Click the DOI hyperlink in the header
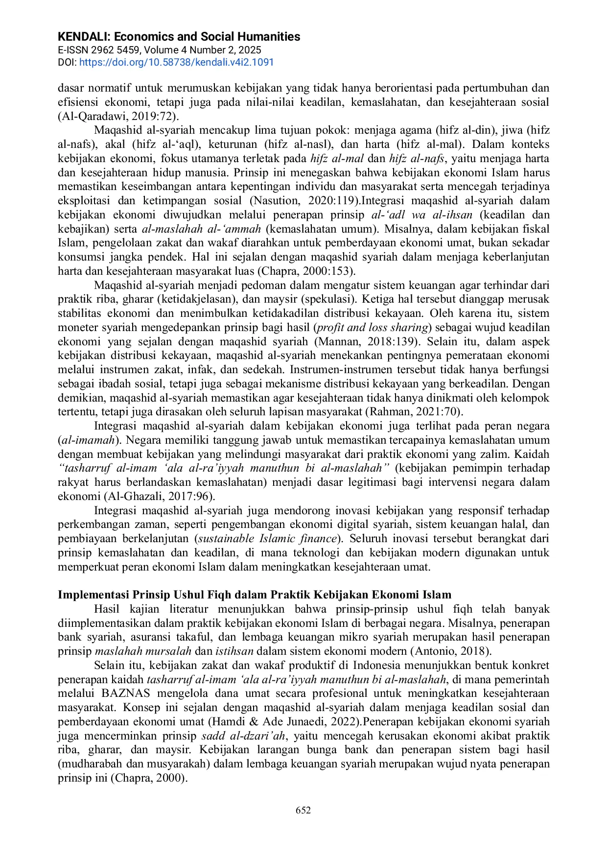(176, 63)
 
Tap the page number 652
(304, 810)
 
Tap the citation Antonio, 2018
(450, 651)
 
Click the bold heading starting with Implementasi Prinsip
(255, 595)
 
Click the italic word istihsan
(234, 651)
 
